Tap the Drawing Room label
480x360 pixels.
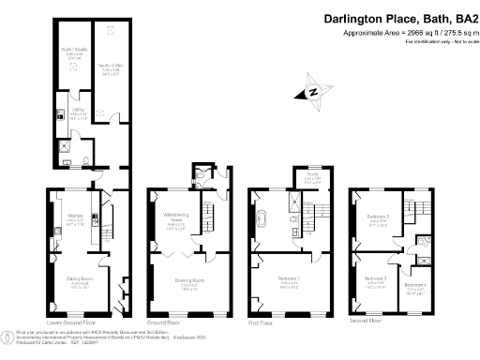[190, 277]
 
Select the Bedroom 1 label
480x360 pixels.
[287, 277]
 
